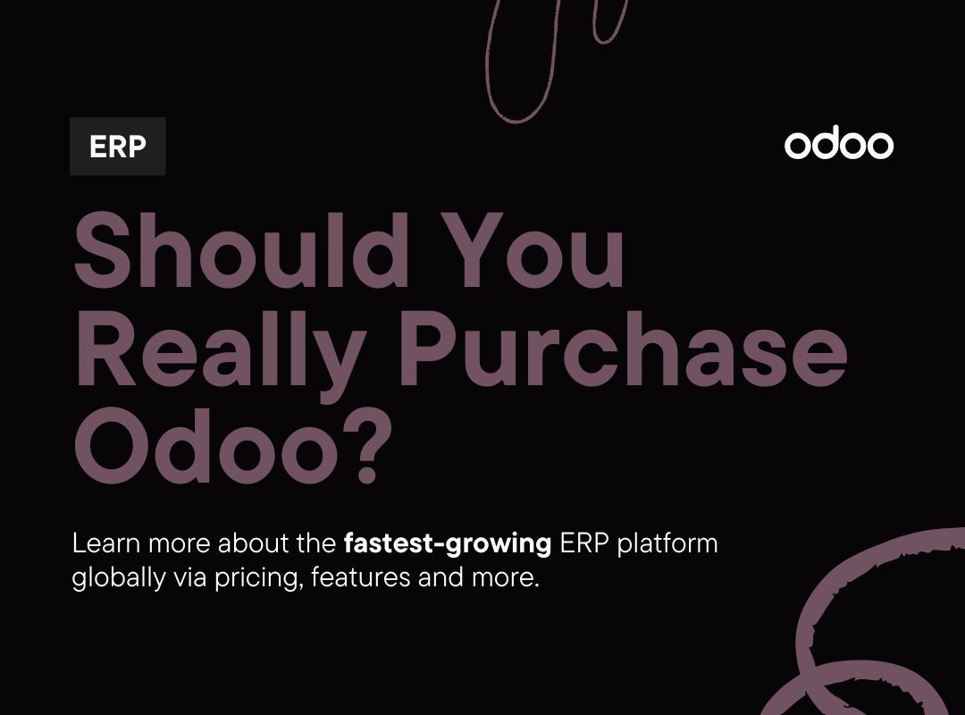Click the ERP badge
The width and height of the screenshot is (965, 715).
pyautogui.click(x=117, y=147)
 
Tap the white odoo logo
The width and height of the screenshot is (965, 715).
pyautogui.click(x=838, y=145)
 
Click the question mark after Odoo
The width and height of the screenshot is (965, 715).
pyautogui.click(x=363, y=451)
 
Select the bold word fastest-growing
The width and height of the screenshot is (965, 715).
pyautogui.click(x=447, y=543)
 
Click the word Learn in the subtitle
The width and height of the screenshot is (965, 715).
pyautogui.click(x=105, y=543)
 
